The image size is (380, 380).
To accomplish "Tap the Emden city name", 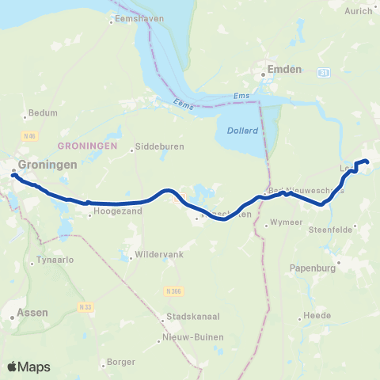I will [285, 70].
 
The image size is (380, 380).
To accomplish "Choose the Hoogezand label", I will [117, 212].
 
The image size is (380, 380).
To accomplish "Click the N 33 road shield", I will [85, 306].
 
